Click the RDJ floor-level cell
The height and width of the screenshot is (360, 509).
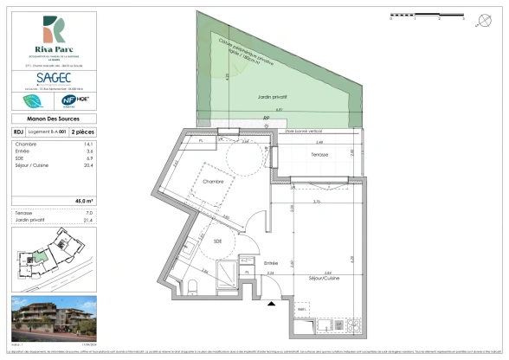[18, 132]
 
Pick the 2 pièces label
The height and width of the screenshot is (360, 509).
[82, 132]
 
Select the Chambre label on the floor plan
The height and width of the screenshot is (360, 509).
[214, 182]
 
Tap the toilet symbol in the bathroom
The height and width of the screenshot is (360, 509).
[197, 285]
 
